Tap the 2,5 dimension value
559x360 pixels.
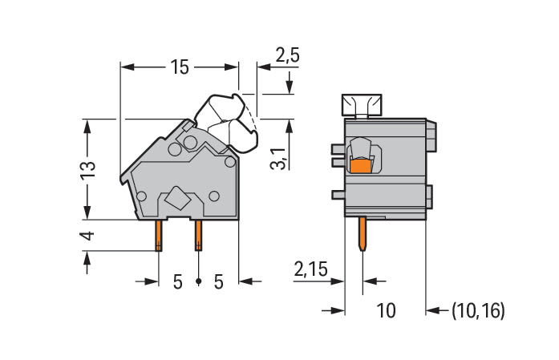(287, 55)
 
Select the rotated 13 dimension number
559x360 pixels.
(88, 168)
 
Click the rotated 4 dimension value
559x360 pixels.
(88, 236)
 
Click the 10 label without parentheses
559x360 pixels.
(386, 310)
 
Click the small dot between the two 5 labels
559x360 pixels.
(198, 281)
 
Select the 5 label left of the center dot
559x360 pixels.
(178, 281)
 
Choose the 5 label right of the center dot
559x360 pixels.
(217, 281)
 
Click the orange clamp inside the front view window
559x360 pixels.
(362, 166)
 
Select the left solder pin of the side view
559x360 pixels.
(160, 234)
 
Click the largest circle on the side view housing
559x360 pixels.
(190, 143)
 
